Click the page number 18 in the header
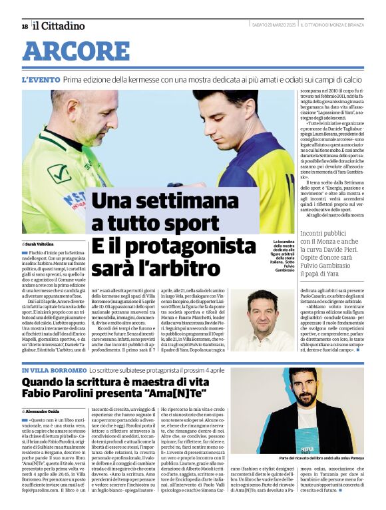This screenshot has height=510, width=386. point(25,26)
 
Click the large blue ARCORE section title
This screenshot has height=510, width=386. point(76,51)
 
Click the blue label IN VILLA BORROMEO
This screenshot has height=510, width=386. point(54,370)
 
